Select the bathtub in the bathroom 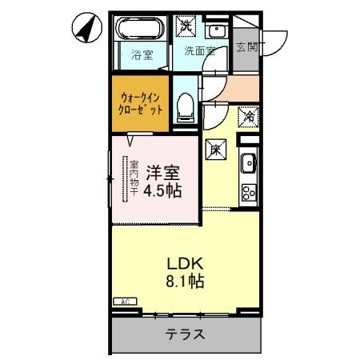(x=141, y=30)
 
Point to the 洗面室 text (x=199, y=51)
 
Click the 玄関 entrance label (x=246, y=47)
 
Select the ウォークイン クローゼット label (x=141, y=102)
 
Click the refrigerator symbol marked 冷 (x=249, y=116)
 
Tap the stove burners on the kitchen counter (x=249, y=192)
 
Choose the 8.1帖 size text (x=186, y=282)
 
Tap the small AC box (x=126, y=302)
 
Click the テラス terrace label (x=185, y=335)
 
